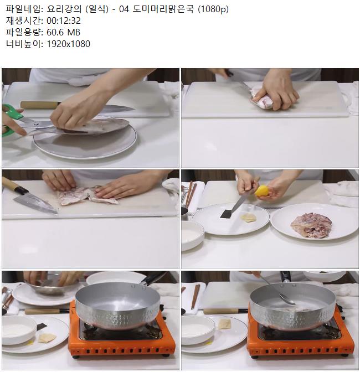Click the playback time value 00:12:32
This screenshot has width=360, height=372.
coord(64,20)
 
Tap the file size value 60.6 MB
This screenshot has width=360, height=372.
coord(63,32)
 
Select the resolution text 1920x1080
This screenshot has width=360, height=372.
coord(68,44)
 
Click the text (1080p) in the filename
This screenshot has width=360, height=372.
coord(213,9)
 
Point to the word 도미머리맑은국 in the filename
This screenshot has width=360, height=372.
coord(163,9)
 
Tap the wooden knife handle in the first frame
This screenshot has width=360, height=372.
coord(40,105)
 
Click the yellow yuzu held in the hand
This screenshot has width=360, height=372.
coord(261,191)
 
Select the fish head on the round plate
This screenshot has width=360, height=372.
coord(311,225)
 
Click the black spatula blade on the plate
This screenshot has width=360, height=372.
coord(227,214)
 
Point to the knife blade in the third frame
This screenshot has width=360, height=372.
coord(35,203)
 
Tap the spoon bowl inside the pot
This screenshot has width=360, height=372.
coord(287,299)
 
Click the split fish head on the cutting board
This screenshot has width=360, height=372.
coord(88,195)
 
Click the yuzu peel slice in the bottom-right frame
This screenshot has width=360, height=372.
coord(224,324)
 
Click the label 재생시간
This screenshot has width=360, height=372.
coord(24,20)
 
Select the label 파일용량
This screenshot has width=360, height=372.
coord(24,32)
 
